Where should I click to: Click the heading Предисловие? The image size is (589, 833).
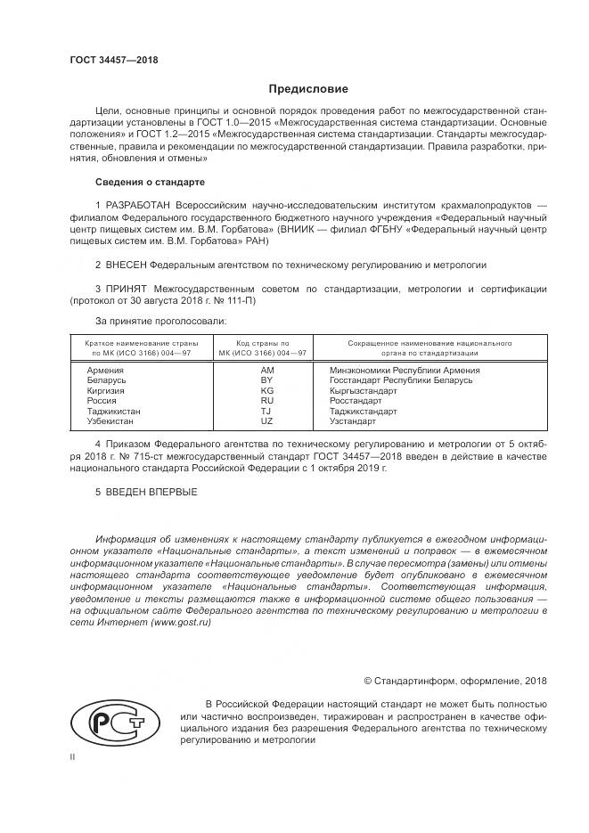point(308,89)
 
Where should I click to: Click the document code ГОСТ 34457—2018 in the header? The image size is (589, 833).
point(113,61)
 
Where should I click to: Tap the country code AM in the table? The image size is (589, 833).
point(266,370)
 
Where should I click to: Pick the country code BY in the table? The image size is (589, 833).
point(266,380)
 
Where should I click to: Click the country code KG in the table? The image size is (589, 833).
point(266,390)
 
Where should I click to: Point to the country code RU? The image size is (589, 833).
point(266,401)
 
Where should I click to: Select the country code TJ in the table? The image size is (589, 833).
point(266,411)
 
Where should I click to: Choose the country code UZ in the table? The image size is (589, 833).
point(266,421)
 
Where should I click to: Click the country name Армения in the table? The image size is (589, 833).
point(105,370)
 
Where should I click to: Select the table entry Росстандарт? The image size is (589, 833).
point(356,401)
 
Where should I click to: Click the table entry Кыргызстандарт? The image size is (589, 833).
point(364,390)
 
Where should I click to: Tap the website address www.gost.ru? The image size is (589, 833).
point(182,624)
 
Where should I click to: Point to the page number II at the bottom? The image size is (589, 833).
point(73,756)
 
